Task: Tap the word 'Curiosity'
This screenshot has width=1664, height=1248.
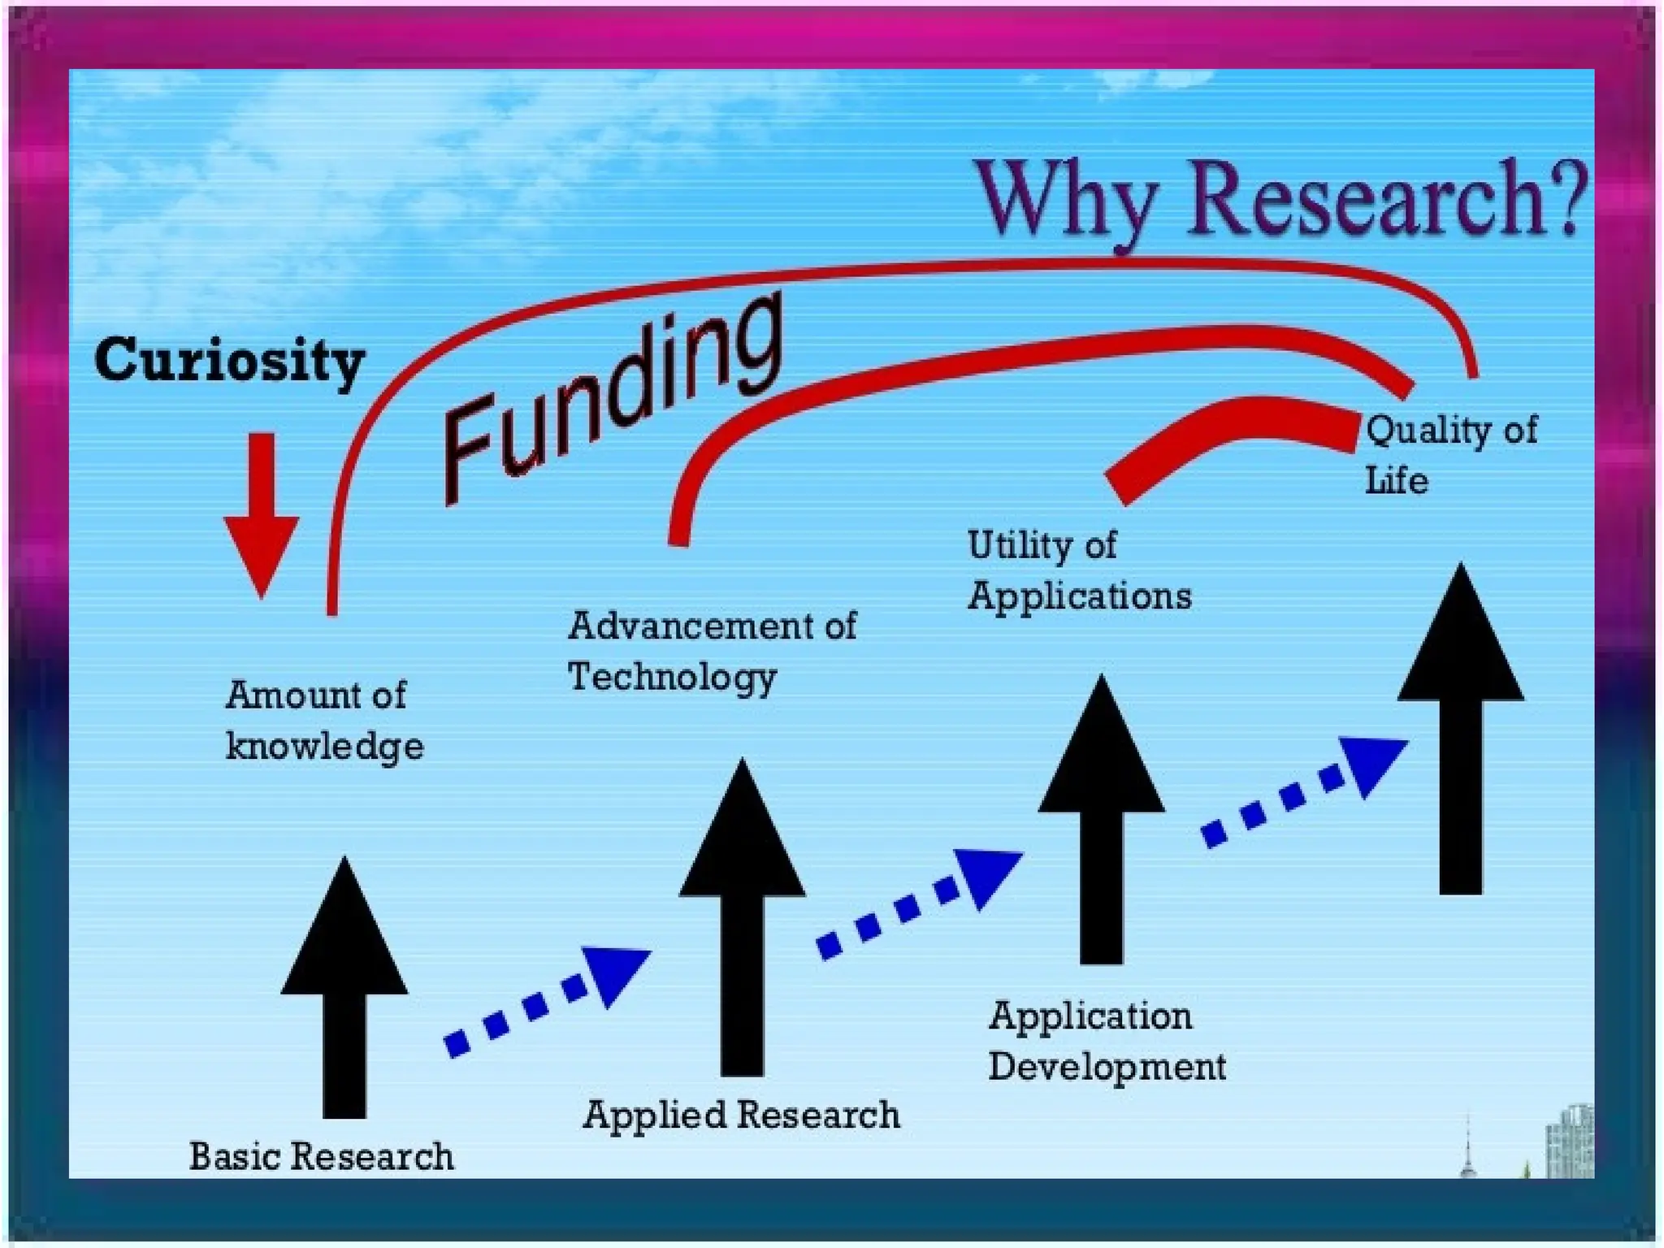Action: click(x=230, y=360)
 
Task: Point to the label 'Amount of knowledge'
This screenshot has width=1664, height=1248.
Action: click(x=323, y=721)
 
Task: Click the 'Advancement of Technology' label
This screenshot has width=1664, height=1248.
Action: click(x=711, y=651)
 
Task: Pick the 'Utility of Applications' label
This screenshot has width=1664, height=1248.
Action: click(x=1078, y=570)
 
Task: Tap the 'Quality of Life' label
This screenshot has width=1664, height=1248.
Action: click(x=1450, y=455)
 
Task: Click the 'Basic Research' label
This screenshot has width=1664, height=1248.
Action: click(x=321, y=1156)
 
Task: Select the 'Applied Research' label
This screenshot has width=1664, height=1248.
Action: click(x=741, y=1115)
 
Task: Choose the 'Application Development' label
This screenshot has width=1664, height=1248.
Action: click(x=1106, y=1041)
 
